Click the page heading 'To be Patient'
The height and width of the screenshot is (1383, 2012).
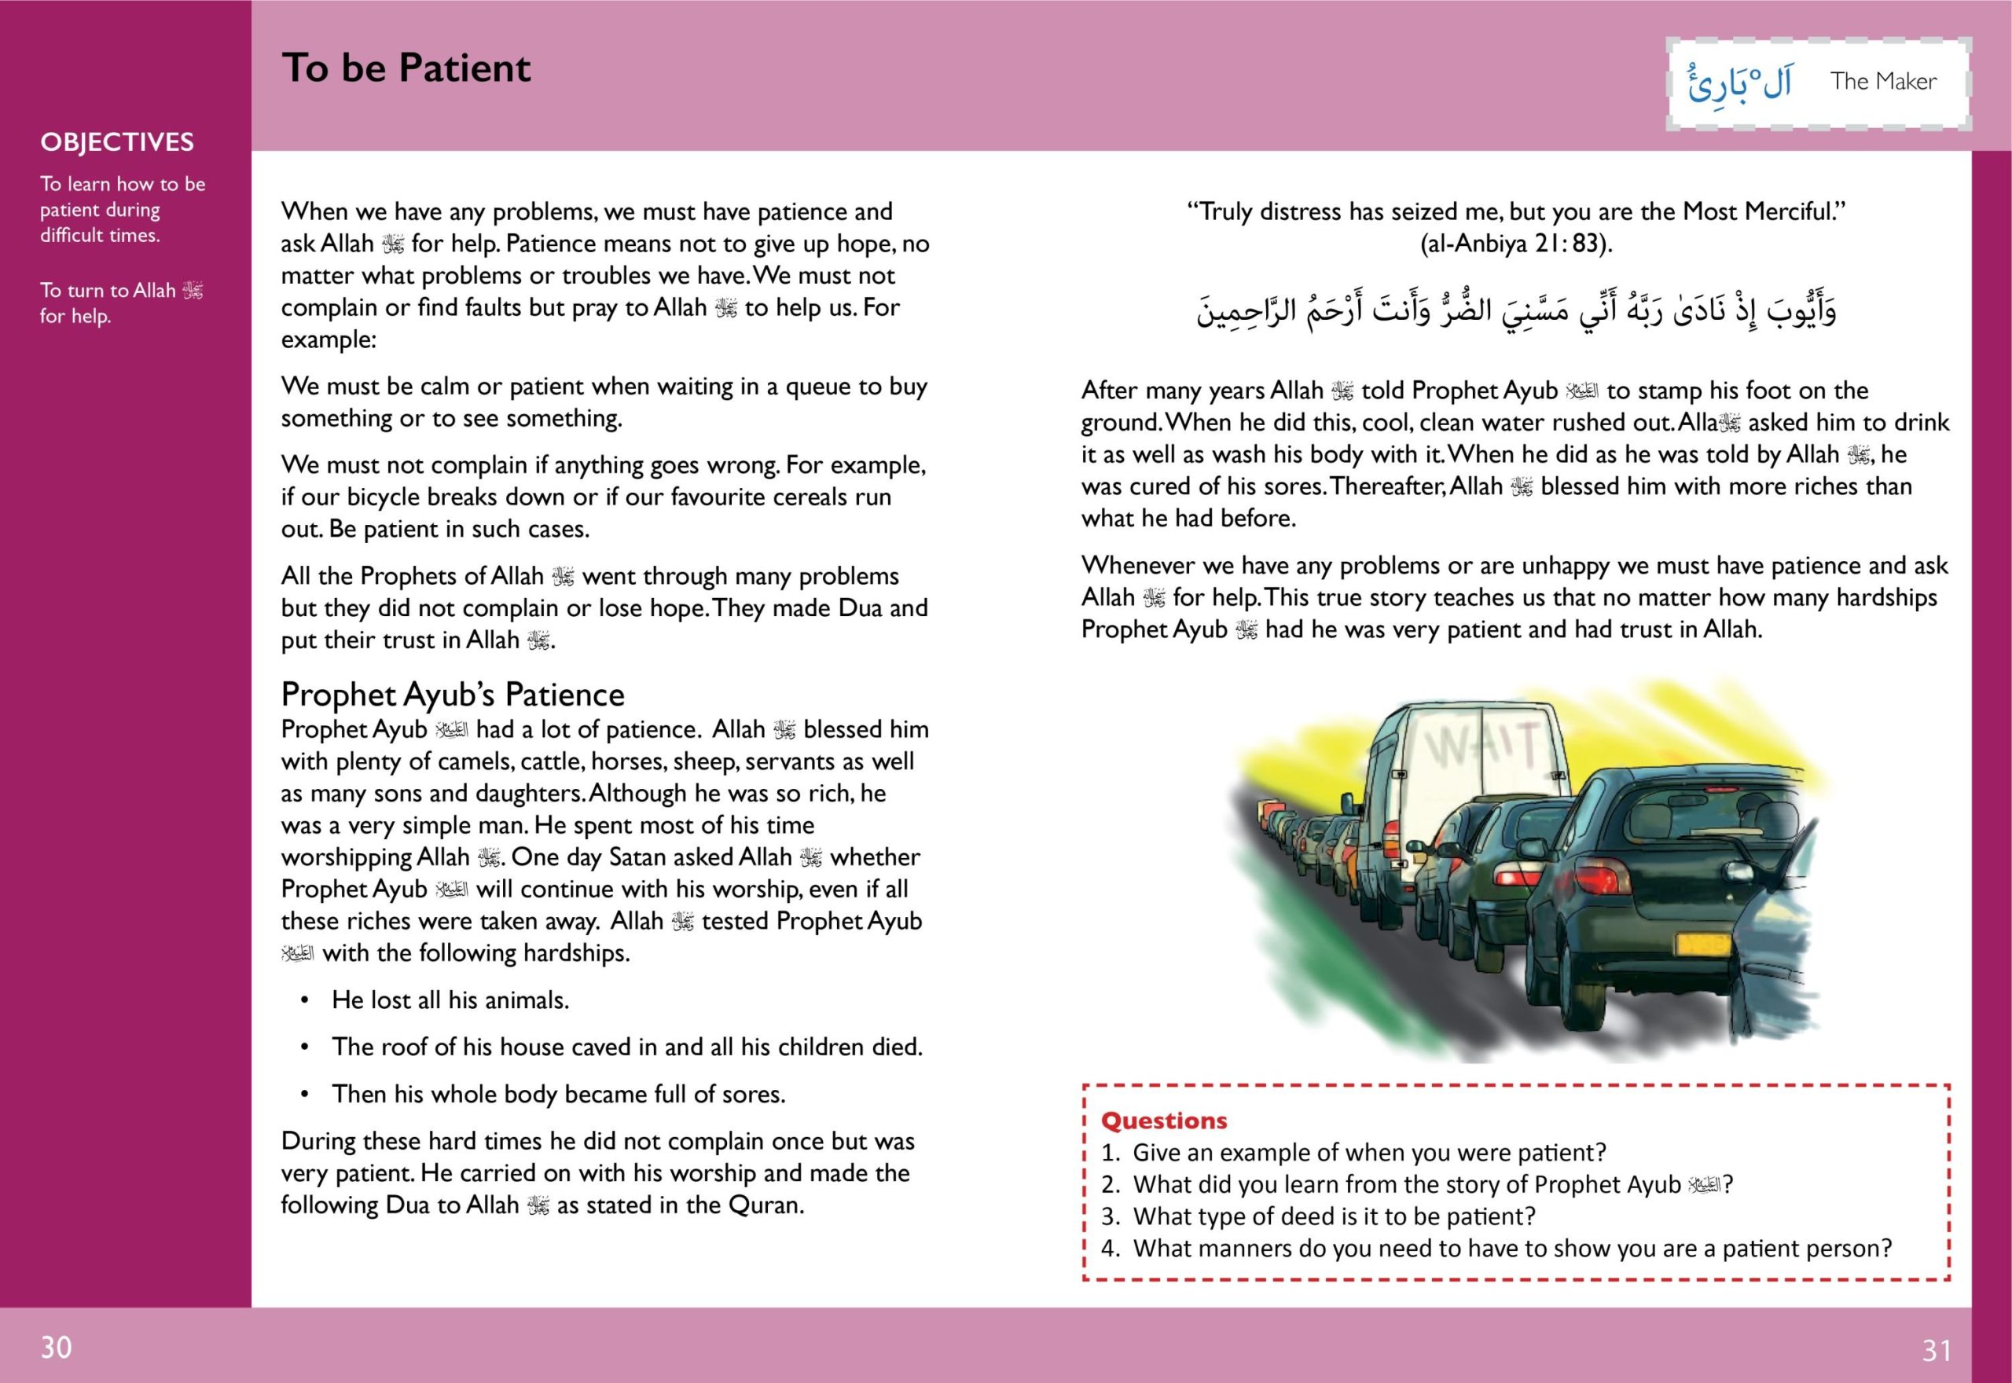(x=406, y=68)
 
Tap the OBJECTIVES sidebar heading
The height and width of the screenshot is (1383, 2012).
(x=117, y=142)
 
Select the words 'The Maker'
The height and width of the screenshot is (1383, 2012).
(x=1883, y=82)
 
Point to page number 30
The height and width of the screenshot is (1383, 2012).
(x=57, y=1347)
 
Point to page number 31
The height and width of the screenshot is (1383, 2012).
(x=1937, y=1350)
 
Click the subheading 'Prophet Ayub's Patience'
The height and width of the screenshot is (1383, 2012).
(x=453, y=694)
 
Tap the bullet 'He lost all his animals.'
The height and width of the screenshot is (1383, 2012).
(x=450, y=1000)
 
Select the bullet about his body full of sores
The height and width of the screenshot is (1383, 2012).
(x=558, y=1094)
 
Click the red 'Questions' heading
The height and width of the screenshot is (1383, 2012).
(x=1164, y=1121)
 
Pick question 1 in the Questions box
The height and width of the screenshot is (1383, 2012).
(x=1368, y=1153)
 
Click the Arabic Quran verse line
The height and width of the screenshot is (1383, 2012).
(x=1515, y=311)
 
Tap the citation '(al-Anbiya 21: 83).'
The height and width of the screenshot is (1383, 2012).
(x=1515, y=244)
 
